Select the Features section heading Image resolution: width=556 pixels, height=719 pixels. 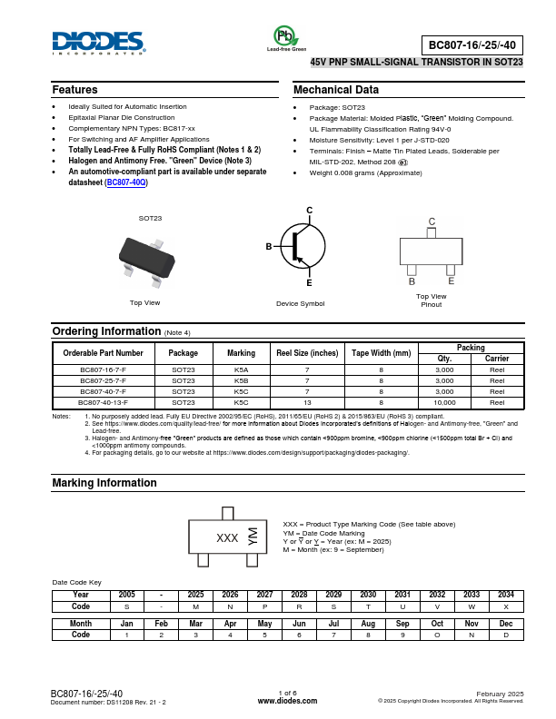pos(74,90)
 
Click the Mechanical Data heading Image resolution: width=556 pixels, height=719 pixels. pos(336,90)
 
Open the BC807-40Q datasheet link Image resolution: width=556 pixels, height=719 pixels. pos(126,182)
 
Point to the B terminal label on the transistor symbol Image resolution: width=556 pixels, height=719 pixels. pos(269,247)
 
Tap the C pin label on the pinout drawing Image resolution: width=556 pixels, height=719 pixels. pos(432,222)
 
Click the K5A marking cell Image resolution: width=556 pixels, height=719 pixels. pos(241,370)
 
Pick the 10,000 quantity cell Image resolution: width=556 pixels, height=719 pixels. pos(444,401)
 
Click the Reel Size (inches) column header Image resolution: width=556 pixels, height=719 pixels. pos(307,352)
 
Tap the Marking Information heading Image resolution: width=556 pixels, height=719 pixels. pos(104,483)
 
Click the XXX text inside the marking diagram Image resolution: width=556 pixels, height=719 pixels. pos(227,538)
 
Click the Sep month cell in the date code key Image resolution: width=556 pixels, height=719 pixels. pos(402,624)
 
